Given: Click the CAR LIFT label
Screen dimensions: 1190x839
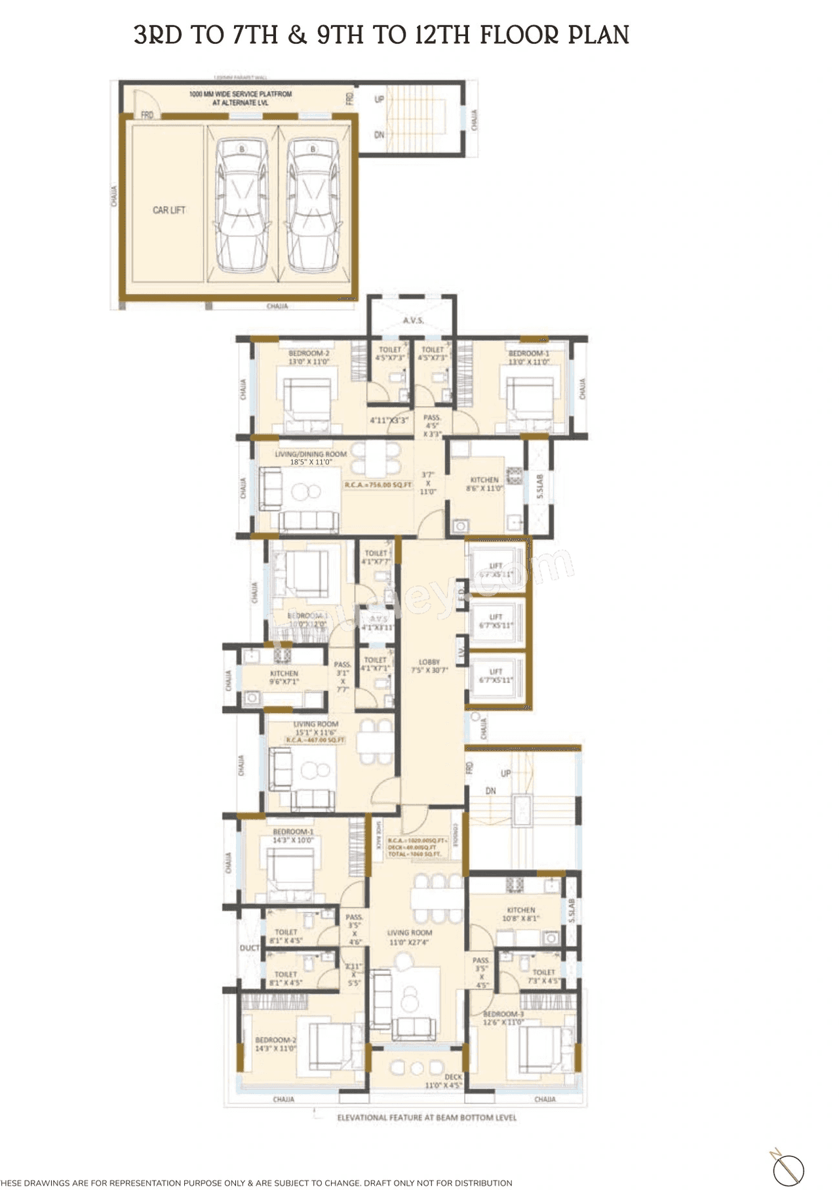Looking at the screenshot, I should (x=169, y=210).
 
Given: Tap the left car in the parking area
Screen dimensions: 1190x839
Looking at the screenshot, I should (x=242, y=205).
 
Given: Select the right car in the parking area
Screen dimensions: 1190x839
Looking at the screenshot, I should (x=313, y=205).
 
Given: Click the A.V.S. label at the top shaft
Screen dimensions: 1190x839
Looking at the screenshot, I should (x=413, y=320).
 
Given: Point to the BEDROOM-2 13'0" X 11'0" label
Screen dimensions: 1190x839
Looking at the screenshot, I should (x=309, y=358).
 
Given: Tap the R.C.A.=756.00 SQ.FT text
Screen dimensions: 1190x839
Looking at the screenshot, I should (x=378, y=485).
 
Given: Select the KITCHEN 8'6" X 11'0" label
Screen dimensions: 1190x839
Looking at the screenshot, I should (x=484, y=484).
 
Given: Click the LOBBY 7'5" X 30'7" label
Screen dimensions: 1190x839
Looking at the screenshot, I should (x=429, y=666).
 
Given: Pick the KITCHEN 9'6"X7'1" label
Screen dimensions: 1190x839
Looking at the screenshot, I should (x=284, y=678).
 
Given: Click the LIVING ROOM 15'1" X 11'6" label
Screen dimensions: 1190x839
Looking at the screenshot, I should (x=315, y=728).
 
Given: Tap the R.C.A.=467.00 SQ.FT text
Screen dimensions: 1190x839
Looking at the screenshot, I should (x=315, y=740).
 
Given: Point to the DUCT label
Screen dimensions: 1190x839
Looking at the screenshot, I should (x=250, y=948).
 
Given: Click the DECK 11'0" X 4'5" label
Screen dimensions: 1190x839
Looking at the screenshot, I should (x=444, y=1081).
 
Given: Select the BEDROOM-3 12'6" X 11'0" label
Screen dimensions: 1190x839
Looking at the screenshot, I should (x=503, y=1017).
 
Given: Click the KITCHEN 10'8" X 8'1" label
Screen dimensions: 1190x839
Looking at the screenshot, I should (x=521, y=914).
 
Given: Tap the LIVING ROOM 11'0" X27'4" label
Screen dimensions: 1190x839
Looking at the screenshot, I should (x=409, y=937).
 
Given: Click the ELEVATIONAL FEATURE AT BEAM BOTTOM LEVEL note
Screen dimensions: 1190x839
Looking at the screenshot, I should (x=427, y=1117).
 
